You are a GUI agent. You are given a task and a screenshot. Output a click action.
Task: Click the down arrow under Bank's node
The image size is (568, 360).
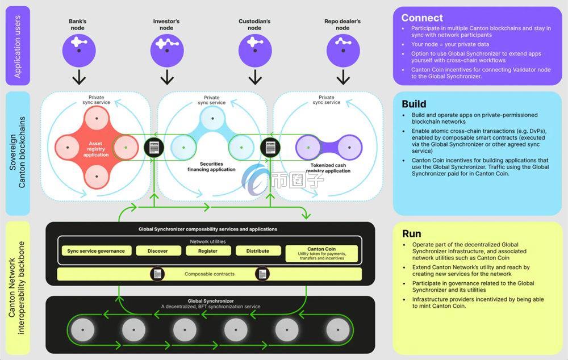pyautogui.click(x=79, y=77)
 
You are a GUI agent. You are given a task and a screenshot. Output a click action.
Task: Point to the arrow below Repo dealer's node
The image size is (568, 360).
pyautogui.click(x=343, y=77)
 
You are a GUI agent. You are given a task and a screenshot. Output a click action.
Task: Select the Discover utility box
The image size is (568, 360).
pyautogui.click(x=157, y=251)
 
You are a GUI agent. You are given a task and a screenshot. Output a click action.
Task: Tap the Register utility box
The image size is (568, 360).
pyautogui.click(x=208, y=251)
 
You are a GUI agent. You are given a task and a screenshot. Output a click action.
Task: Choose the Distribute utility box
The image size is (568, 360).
pyautogui.click(x=257, y=251)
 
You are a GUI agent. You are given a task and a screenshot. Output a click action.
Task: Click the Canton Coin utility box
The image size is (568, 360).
pyautogui.click(x=321, y=253)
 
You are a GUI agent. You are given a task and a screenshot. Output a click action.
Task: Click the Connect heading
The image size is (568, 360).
pyautogui.click(x=422, y=18)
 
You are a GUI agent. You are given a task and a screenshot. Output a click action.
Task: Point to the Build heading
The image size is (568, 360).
pyautogui.click(x=414, y=104)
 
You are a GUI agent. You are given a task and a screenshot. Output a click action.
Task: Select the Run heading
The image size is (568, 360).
pyautogui.click(x=412, y=233)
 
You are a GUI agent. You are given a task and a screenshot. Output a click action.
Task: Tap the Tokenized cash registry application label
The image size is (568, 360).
pyautogui.click(x=328, y=169)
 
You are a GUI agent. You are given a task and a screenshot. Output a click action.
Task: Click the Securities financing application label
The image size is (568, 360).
pyautogui.click(x=211, y=166)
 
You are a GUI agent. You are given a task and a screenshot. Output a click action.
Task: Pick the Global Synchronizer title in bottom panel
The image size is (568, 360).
pyautogui.click(x=211, y=301)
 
